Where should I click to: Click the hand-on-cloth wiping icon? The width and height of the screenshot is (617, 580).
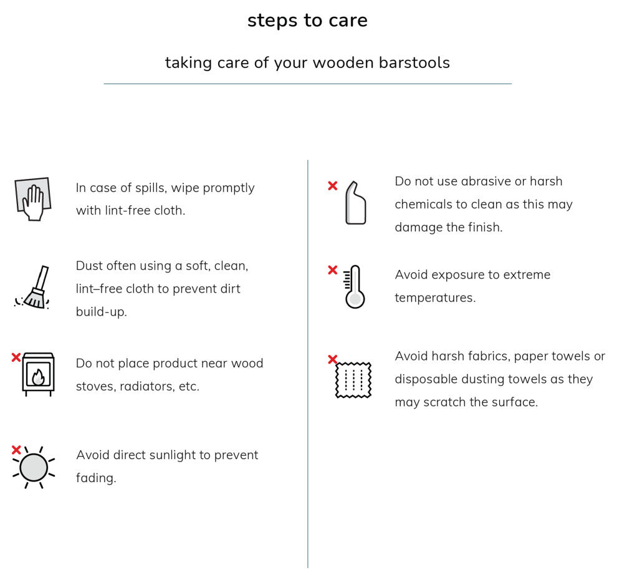tap(33, 199)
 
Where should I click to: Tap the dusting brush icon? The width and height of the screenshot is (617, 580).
tap(32, 288)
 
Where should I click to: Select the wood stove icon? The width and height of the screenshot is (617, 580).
tap(38, 374)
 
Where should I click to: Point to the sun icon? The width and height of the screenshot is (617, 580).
tap(34, 467)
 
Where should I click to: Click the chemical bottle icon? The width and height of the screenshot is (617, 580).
tap(355, 203)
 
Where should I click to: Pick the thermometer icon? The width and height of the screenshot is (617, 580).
tap(354, 287)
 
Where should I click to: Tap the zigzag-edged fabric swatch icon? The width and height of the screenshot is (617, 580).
tap(353, 380)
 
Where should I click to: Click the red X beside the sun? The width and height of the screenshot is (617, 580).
tap(16, 450)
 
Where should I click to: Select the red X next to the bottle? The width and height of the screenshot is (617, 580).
tap(333, 186)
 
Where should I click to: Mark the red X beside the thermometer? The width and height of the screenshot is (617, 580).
tap(333, 270)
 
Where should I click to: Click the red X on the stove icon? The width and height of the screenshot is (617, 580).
tap(16, 357)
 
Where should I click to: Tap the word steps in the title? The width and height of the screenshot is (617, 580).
tap(272, 21)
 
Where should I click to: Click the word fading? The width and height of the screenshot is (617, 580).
tap(96, 478)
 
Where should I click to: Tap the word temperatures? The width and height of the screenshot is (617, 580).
tap(435, 298)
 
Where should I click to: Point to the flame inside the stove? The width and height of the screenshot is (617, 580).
tap(38, 377)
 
